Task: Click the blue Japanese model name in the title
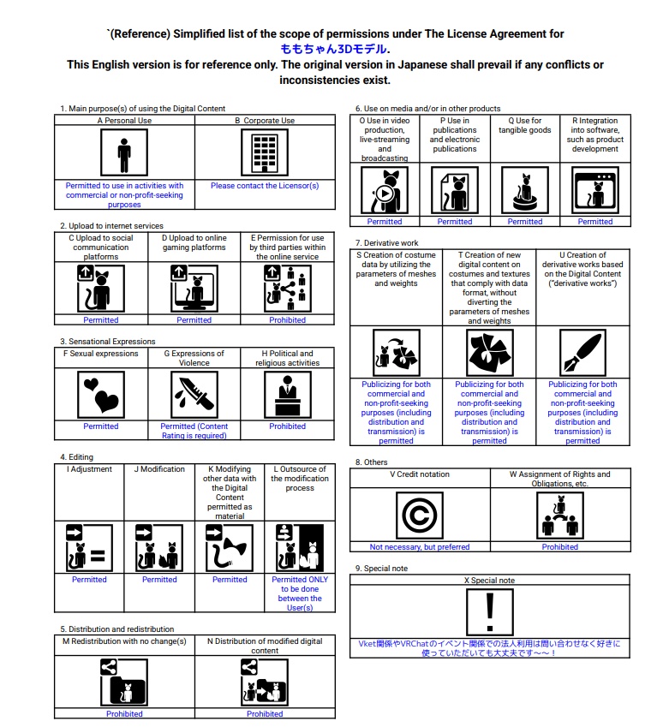coord(334,49)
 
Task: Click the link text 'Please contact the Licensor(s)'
coord(265,186)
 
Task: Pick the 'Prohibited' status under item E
coord(287,320)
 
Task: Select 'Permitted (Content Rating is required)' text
coord(194,431)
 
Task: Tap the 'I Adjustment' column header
coord(89,469)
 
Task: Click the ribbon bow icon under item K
coord(229,548)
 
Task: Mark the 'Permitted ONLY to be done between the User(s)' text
coord(300,593)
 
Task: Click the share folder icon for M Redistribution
coord(124,682)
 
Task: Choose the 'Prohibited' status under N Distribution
coord(265,714)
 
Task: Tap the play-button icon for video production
coord(385,190)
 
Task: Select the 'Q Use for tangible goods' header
coord(524,125)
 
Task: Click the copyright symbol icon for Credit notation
coord(420,515)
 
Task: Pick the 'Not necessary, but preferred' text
coord(420,547)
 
